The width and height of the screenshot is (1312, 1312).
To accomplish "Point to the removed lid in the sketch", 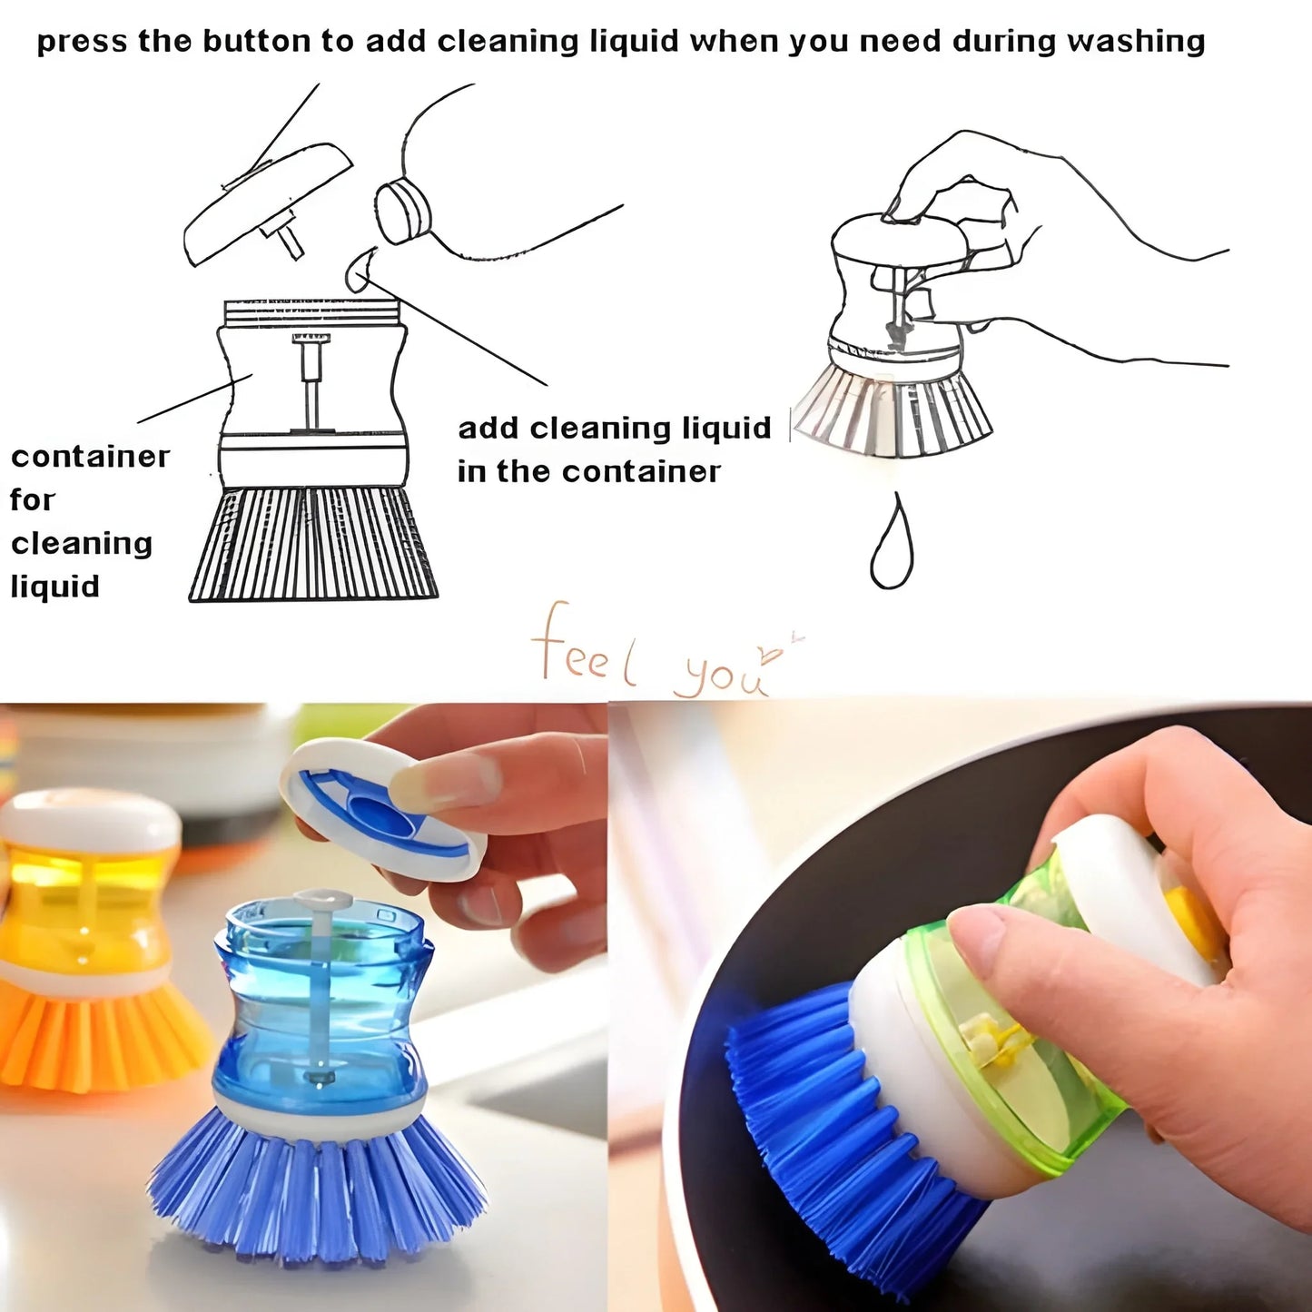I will coord(269,205).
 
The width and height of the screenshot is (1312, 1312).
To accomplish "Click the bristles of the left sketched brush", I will coord(313,544).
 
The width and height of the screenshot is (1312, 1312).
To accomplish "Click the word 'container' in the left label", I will coord(90,456).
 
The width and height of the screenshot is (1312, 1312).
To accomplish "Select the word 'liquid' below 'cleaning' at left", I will coord(54,587).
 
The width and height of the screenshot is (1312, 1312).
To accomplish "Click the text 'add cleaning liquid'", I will coord(614,428).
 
